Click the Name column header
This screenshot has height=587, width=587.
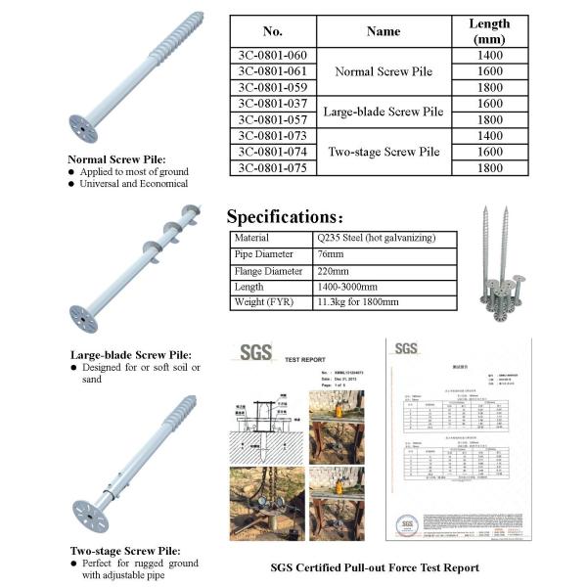pos(384,31)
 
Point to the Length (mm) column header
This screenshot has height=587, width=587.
pos(489,31)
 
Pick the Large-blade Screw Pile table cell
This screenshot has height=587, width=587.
pos(384,111)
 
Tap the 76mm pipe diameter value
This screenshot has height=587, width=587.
pos(332,254)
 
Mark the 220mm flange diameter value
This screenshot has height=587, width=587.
pos(335,271)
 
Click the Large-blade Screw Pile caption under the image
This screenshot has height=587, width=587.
pos(131,354)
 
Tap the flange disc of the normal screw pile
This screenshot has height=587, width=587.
pos(84,127)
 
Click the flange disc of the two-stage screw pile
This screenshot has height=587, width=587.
pos(90,515)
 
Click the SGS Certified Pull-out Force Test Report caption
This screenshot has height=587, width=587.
pos(375,567)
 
